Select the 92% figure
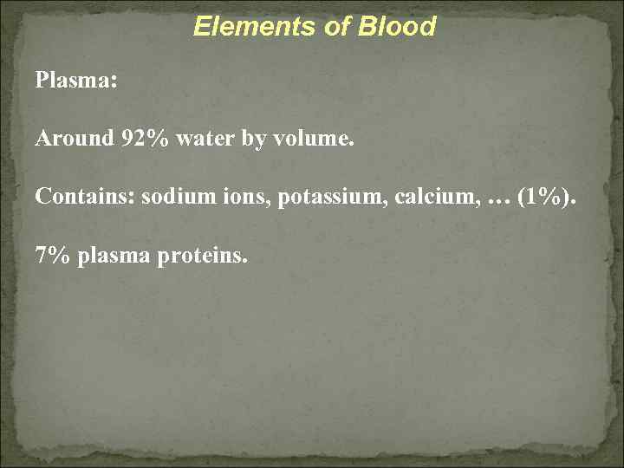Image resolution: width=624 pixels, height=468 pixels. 146,138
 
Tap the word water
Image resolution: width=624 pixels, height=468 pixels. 202,138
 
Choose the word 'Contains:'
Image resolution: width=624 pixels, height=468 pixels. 85,196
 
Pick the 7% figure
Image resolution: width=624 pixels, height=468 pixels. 53,256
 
